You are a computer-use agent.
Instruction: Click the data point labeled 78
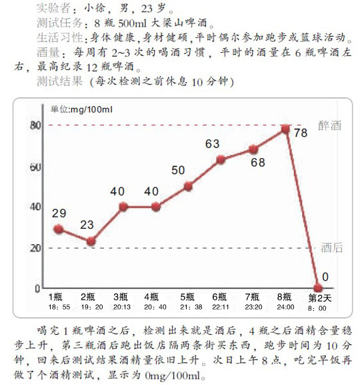(x=285, y=129)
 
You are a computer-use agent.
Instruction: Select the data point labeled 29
(x=59, y=229)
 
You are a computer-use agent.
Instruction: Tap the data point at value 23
(x=91, y=241)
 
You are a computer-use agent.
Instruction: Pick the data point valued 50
(x=188, y=186)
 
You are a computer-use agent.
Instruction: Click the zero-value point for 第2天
(x=318, y=288)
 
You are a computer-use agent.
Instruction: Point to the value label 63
(x=212, y=144)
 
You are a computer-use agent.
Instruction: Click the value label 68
(x=258, y=163)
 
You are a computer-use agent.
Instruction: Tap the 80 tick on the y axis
(x=35, y=125)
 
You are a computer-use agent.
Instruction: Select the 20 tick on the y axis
(x=35, y=248)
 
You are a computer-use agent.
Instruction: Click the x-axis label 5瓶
(x=187, y=297)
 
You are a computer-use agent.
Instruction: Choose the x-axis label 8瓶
(x=284, y=297)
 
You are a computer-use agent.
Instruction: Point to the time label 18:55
(x=59, y=307)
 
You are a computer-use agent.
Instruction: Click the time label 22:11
(x=220, y=307)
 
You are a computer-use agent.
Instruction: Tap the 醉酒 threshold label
(x=329, y=125)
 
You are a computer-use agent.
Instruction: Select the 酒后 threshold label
(x=331, y=248)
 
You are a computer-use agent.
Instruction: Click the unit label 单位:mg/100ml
(x=81, y=109)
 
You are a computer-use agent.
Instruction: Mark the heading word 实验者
(x=53, y=8)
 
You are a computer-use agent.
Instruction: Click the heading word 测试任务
(x=59, y=23)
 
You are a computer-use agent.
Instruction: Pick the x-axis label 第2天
(x=320, y=298)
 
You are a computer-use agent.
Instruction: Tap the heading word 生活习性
(x=59, y=37)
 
